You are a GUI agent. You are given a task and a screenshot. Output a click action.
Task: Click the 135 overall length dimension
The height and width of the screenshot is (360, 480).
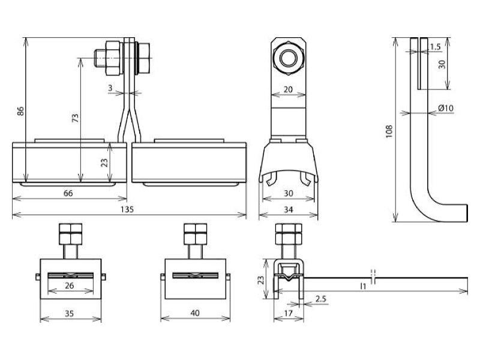[127, 209]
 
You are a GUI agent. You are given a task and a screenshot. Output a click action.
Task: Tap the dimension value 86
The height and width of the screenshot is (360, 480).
[20, 111]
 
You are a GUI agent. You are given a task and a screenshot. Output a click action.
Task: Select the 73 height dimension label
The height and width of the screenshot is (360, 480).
[76, 118]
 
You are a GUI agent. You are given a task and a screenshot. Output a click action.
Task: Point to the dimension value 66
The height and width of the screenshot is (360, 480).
[68, 193]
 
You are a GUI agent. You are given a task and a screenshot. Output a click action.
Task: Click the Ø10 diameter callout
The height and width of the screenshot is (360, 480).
[445, 108]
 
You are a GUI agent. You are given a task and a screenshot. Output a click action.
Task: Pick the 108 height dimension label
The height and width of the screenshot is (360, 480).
[389, 131]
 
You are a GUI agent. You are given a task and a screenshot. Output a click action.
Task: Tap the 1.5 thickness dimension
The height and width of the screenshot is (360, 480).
[435, 47]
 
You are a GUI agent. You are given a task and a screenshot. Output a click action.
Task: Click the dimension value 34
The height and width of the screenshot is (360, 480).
[289, 209]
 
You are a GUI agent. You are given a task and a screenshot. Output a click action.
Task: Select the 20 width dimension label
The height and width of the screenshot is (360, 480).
[288, 89]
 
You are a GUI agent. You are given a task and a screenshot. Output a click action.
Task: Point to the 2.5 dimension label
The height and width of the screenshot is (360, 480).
[321, 298]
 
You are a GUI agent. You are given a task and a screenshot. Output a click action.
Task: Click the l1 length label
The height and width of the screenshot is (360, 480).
[363, 286]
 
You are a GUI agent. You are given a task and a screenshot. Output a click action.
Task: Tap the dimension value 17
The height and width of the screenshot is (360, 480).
[288, 313]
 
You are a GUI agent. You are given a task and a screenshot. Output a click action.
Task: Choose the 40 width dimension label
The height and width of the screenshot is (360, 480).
[195, 313]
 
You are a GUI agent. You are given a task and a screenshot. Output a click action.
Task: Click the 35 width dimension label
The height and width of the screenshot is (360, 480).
[69, 313]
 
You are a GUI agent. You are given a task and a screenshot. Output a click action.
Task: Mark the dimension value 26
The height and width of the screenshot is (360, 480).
[70, 286]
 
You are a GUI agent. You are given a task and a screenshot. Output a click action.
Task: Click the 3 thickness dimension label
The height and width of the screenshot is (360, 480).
[110, 88]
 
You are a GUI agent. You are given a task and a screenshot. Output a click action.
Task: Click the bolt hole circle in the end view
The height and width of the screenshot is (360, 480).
[288, 58]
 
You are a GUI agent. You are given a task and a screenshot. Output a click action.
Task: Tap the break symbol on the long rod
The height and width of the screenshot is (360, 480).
[373, 277]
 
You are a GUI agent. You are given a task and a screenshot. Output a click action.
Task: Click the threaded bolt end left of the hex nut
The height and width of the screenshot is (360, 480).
[100, 58]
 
